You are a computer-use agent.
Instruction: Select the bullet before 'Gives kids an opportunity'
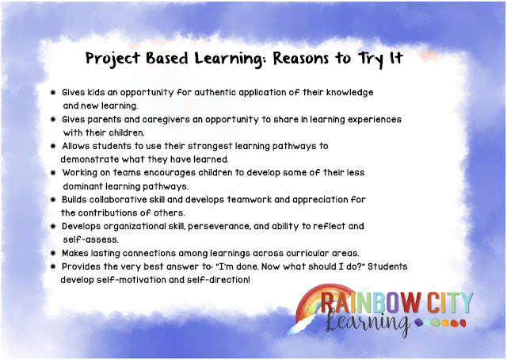pos(52,92)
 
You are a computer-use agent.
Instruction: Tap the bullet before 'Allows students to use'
pos(52,146)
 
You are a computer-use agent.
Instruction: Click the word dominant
pos(88,185)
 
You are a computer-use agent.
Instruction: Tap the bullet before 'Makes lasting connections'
pos(52,253)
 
